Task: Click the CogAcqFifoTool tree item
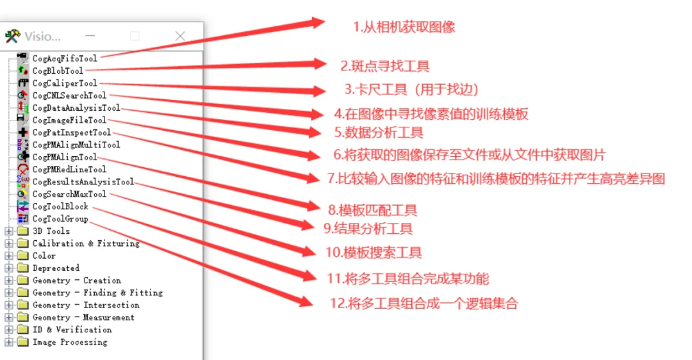click(65, 59)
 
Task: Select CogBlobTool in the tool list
click(58, 71)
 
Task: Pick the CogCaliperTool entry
click(65, 83)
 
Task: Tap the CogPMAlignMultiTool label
click(76, 145)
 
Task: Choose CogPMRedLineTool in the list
click(69, 170)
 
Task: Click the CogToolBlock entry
click(60, 207)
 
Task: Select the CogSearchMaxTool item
click(69, 194)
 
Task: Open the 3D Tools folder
click(51, 231)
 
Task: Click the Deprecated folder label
click(56, 268)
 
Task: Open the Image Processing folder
click(70, 342)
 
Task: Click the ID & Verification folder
click(72, 330)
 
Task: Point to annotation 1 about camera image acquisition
click(404, 27)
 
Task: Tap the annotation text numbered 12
click(424, 304)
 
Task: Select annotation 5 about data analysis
click(378, 133)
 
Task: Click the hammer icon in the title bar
click(12, 36)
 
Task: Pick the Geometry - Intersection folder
click(86, 306)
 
